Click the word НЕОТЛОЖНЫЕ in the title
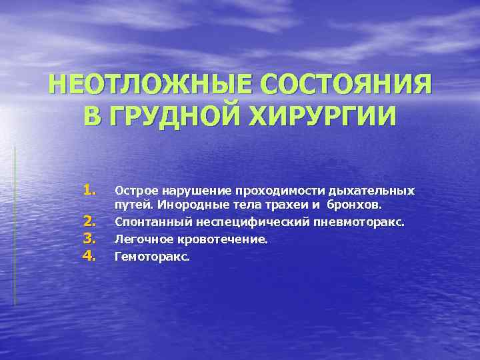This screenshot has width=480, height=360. point(149,87)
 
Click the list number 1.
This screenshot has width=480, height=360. point(91,191)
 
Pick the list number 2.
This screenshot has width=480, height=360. point(91,221)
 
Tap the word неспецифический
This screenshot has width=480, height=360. point(240,221)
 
